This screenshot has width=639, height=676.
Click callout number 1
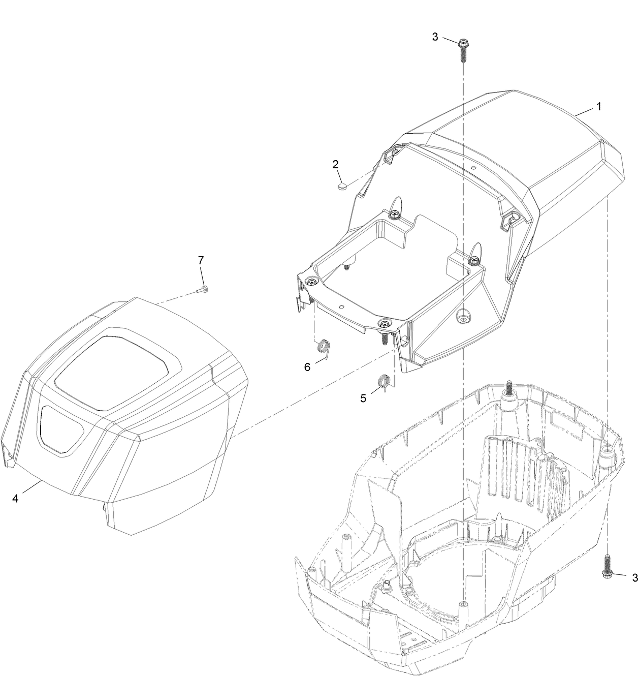(x=599, y=107)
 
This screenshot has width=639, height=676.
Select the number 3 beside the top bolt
(x=435, y=37)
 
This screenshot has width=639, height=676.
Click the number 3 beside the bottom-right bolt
(x=634, y=577)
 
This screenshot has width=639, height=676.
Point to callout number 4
(x=15, y=499)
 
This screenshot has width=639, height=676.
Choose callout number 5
(x=363, y=398)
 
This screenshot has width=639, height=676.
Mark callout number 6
(x=307, y=367)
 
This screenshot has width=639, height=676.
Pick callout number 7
(x=201, y=260)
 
